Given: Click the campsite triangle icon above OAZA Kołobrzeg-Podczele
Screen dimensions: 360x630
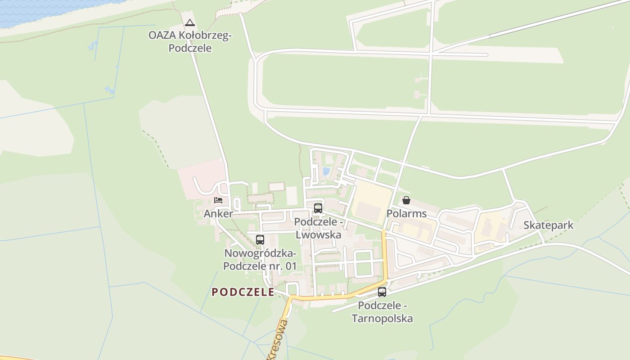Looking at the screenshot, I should tap(189, 22).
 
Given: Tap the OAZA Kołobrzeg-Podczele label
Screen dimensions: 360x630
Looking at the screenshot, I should tap(190, 42).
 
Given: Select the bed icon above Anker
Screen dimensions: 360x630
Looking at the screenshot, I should tap(219, 200).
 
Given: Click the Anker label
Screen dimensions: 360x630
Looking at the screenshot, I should tap(218, 214).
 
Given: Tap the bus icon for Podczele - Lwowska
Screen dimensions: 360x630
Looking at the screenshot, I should tap(318, 208).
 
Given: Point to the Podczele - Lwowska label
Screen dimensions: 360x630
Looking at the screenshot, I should tap(319, 228).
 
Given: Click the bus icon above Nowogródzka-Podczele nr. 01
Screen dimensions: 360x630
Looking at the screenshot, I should tap(260, 239).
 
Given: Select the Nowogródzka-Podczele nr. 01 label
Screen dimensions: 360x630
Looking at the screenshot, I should tap(260, 260).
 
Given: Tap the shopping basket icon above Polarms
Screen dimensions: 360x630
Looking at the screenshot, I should tap(406, 200).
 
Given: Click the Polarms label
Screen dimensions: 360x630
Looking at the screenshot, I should tap(406, 214).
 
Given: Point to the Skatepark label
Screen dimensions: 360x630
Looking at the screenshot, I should tap(548, 225).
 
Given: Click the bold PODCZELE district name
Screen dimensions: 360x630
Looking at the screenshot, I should tap(243, 292).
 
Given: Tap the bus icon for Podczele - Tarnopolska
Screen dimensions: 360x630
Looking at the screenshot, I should tap(382, 292).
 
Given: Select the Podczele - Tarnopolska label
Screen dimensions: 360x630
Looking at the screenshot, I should tap(382, 312).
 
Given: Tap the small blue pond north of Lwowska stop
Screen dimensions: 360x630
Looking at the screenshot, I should tap(326, 171).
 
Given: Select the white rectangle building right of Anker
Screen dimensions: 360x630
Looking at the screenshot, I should tap(292, 196).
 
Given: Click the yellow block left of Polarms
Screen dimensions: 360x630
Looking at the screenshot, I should tap(371, 202).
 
